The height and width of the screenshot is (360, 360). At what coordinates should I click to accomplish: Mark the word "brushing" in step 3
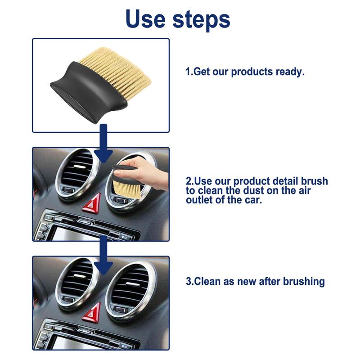tap(302, 282)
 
